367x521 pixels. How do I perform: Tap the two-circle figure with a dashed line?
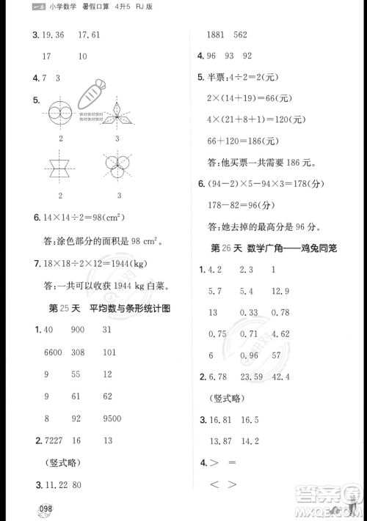click(x=60, y=114)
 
